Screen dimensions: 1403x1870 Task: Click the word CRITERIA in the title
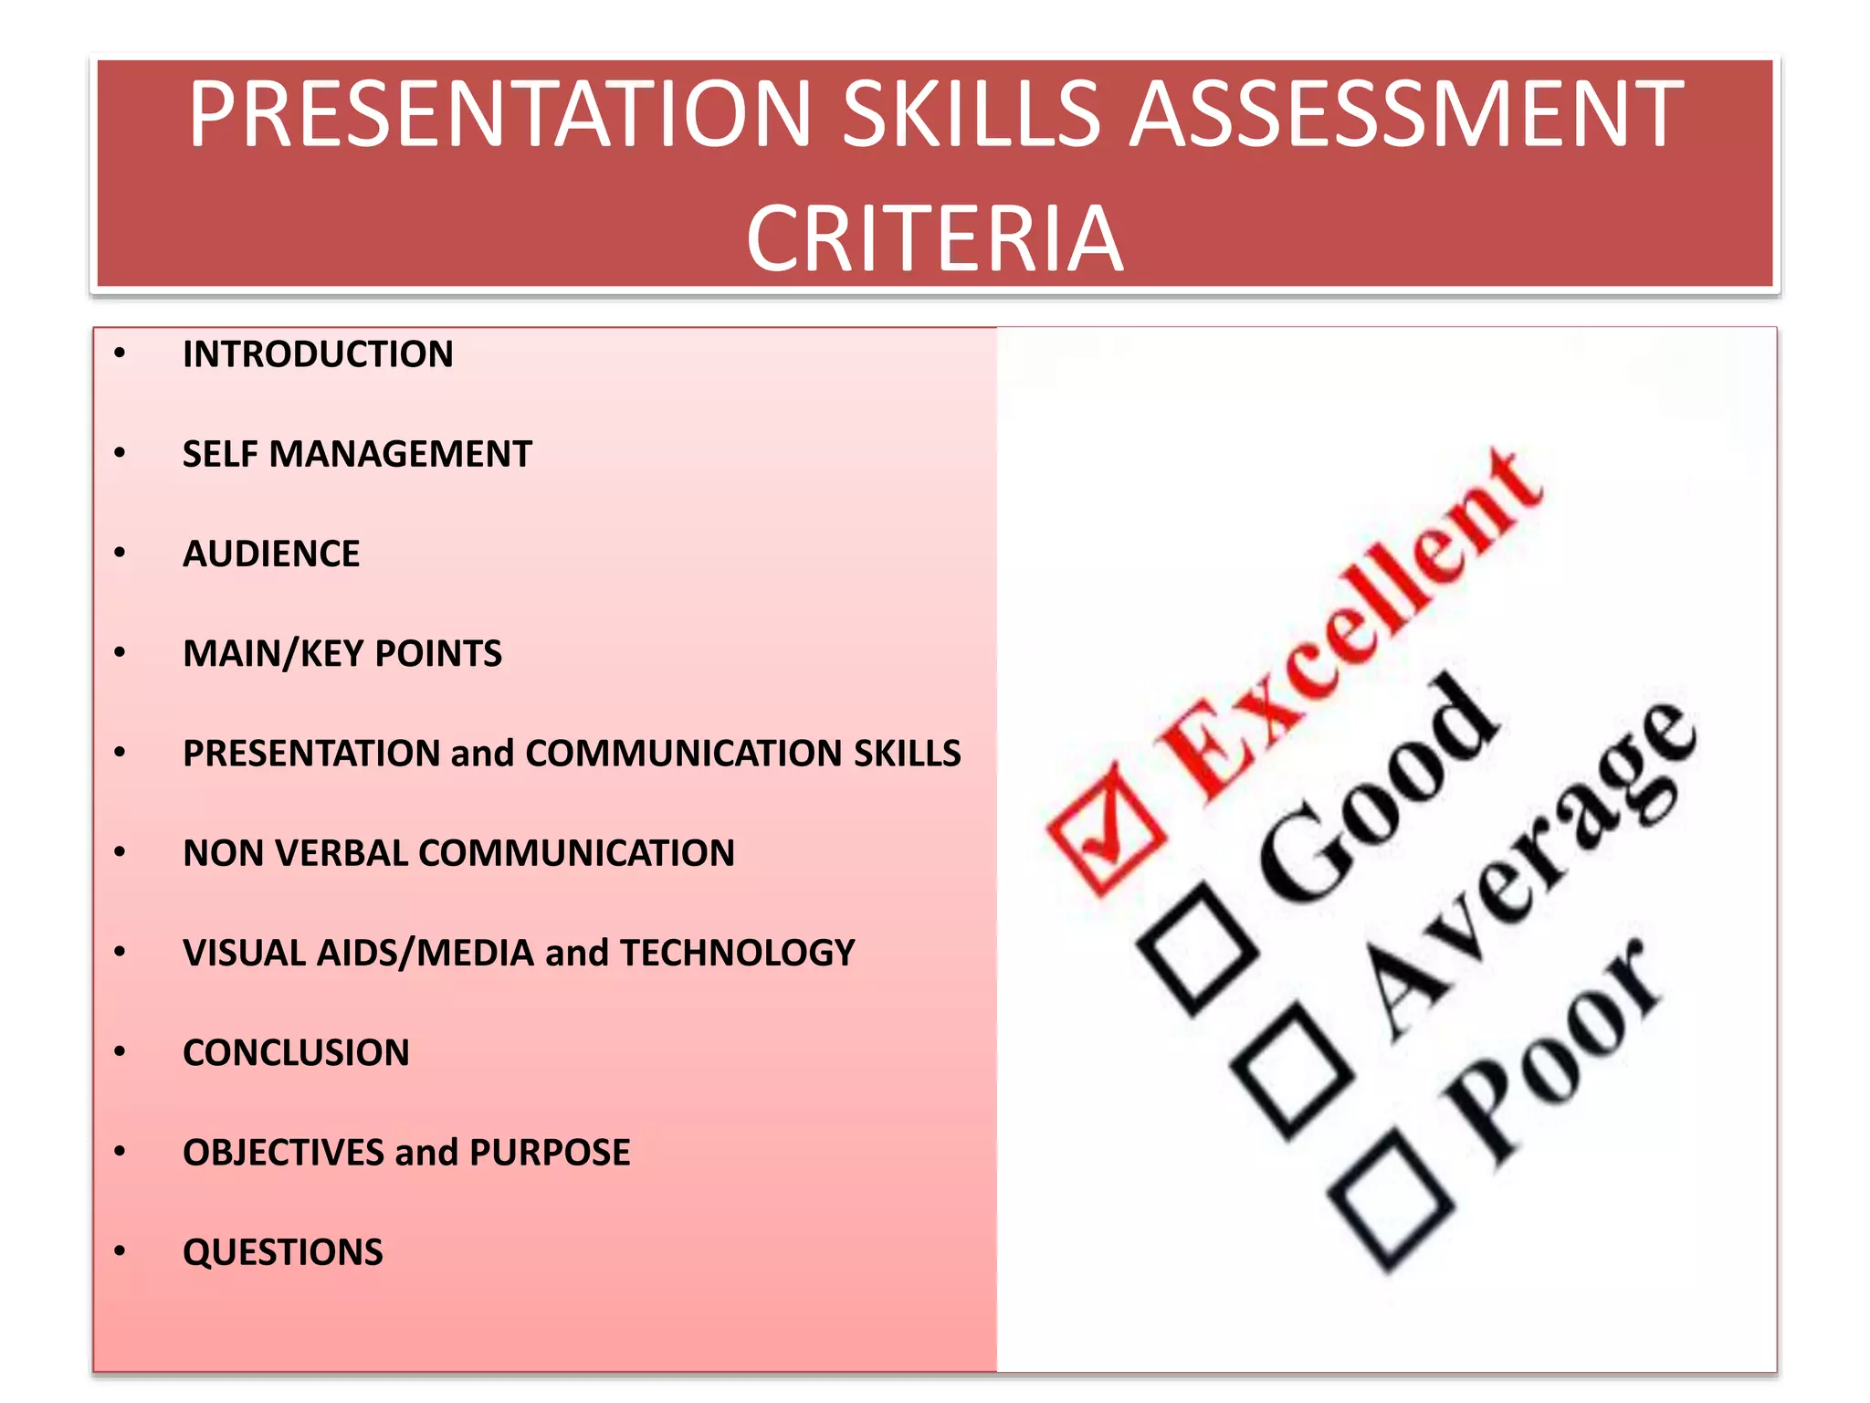[x=934, y=238]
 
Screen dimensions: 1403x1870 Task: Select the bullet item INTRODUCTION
[x=318, y=354]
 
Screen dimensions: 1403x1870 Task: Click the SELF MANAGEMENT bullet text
[x=357, y=454]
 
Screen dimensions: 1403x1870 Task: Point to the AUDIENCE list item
[x=271, y=554]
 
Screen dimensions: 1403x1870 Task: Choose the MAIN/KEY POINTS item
[x=342, y=653]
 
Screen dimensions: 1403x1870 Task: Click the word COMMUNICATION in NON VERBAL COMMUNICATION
[x=576, y=853]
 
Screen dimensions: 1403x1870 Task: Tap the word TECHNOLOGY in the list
[x=738, y=953]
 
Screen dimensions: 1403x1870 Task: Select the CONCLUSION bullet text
[x=296, y=1052]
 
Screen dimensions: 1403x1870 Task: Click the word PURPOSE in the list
[x=550, y=1152]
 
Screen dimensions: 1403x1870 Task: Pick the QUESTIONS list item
[x=283, y=1251]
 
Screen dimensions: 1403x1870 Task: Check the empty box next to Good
[x=1197, y=950]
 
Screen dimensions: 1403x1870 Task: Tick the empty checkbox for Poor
[x=1391, y=1201]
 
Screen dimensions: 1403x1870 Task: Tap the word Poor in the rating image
[x=1552, y=1050]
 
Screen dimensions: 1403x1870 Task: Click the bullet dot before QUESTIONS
[x=120, y=1251]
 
